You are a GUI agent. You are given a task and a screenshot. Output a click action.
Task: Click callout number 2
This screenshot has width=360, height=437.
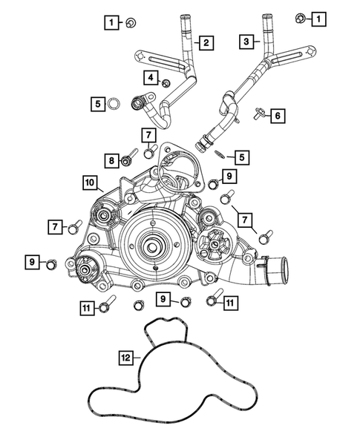pos(204,43)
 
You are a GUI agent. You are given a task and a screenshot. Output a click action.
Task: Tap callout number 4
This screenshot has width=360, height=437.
pos(151,77)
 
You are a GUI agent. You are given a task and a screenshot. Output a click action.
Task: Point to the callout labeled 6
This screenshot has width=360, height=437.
pos(277,115)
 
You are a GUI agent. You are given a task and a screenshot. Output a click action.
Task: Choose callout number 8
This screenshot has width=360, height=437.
pos(111,160)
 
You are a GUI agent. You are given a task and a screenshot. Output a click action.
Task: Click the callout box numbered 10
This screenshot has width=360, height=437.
pos(88,182)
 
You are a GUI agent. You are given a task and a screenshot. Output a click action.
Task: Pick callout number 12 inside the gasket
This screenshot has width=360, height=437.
pos(126,358)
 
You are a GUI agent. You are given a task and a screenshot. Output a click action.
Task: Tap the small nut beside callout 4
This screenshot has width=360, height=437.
pos(166,81)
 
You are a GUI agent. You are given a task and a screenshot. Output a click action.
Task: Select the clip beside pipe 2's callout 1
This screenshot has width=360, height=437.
pos(129,22)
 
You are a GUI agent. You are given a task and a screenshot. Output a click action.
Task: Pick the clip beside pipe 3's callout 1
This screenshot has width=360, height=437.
pos(301,17)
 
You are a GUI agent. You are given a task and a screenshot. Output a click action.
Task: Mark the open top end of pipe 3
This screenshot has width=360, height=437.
pos(265,16)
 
